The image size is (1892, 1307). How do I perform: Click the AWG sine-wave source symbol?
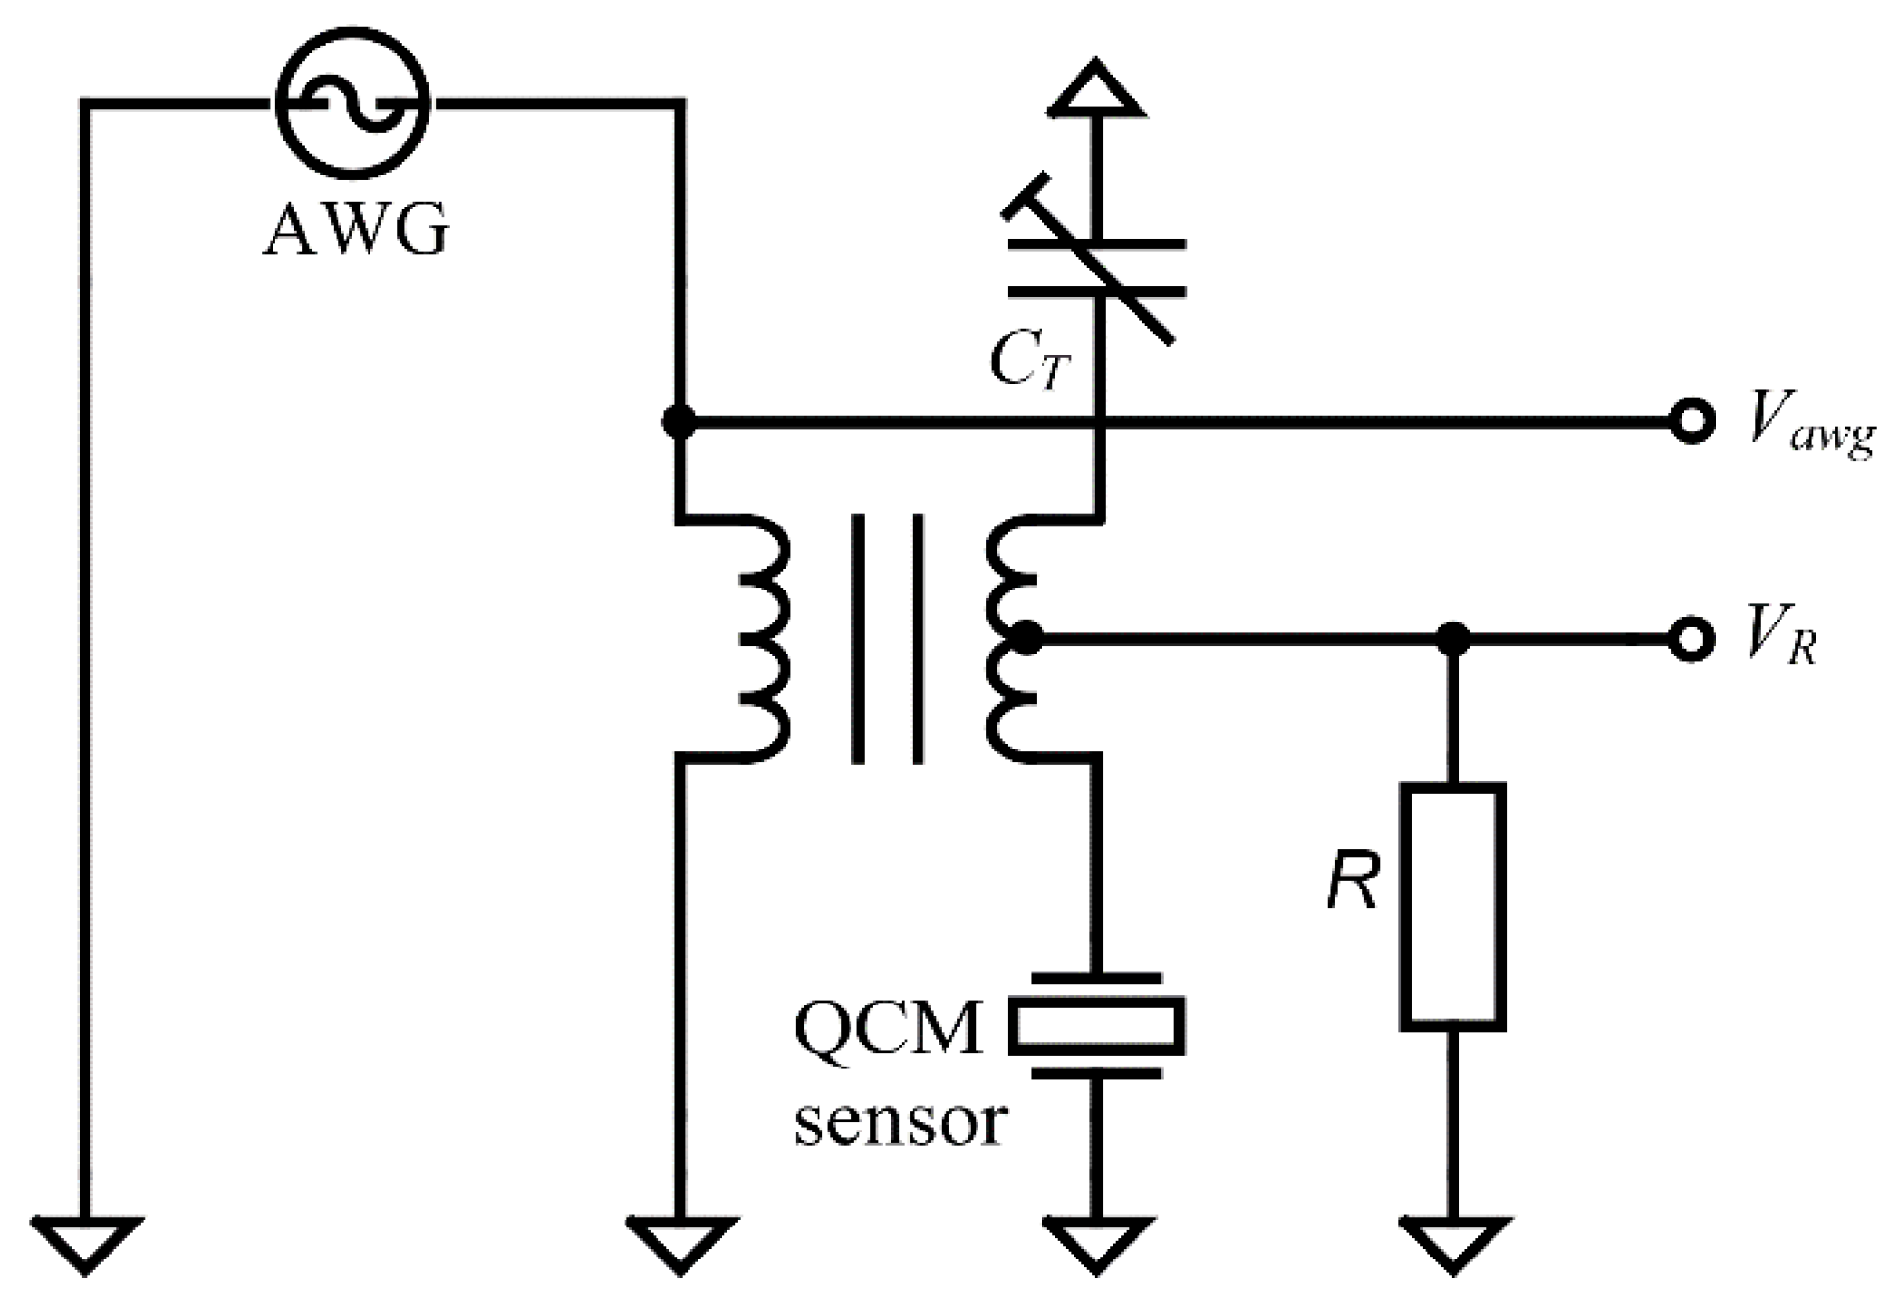click(x=352, y=102)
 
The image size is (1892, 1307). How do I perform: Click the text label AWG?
click(x=356, y=230)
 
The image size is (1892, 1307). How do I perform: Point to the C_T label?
click(x=1028, y=362)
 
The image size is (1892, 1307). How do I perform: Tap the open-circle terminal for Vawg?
click(x=1691, y=422)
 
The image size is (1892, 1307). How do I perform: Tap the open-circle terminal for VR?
click(x=1691, y=639)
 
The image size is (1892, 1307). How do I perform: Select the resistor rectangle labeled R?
click(x=1452, y=906)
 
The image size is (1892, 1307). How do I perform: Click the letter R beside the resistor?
click(x=1352, y=882)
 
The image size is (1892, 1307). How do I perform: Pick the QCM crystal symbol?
click(x=1096, y=1025)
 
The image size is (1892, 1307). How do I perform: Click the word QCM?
click(x=887, y=1030)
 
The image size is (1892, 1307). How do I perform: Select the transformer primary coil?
click(x=761, y=638)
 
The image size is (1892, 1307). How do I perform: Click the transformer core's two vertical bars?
click(x=886, y=638)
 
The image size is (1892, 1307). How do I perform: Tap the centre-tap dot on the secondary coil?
click(x=1025, y=639)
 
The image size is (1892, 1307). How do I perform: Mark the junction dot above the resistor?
click(x=1452, y=639)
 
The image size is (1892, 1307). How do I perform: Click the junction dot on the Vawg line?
click(x=679, y=422)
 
